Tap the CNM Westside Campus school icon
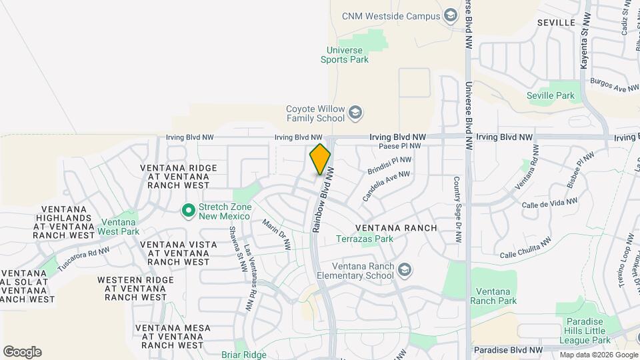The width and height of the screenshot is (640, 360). pos(451,16)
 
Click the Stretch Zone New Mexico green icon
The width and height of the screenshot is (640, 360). pos(188,211)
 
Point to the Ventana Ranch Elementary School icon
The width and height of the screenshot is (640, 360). pos(403,270)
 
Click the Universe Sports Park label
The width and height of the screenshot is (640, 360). pos(347,55)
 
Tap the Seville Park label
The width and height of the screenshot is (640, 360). pos(550,95)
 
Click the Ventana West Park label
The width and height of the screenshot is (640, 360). pos(119,227)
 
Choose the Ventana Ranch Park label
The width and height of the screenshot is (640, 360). pos(493,296)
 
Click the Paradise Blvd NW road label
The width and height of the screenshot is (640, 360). pos(507,349)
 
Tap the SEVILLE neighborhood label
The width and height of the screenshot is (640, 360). pos(556,22)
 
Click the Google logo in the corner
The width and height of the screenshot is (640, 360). pos(22,352)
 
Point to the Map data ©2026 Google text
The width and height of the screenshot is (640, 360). pos(598,355)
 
